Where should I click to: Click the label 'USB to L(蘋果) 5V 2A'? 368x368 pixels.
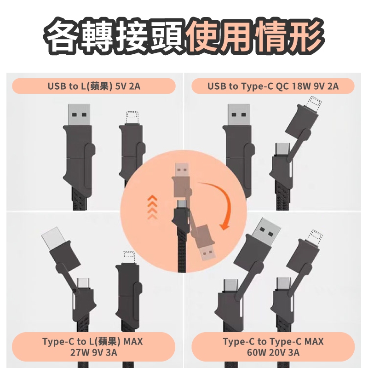click(x=94, y=86)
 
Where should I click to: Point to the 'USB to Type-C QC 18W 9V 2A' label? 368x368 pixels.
click(x=273, y=86)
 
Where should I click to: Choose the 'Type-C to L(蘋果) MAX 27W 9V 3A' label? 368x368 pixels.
click(x=93, y=347)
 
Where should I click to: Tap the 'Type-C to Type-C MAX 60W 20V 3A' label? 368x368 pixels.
click(x=273, y=347)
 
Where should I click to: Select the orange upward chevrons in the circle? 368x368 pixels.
click(x=152, y=207)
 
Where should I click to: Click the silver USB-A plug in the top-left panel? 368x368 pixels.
click(x=79, y=115)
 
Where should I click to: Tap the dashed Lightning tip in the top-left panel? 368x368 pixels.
click(x=132, y=118)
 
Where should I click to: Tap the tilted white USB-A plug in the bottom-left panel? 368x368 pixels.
click(x=53, y=238)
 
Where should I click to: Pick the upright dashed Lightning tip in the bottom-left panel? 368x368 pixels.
click(x=129, y=258)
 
